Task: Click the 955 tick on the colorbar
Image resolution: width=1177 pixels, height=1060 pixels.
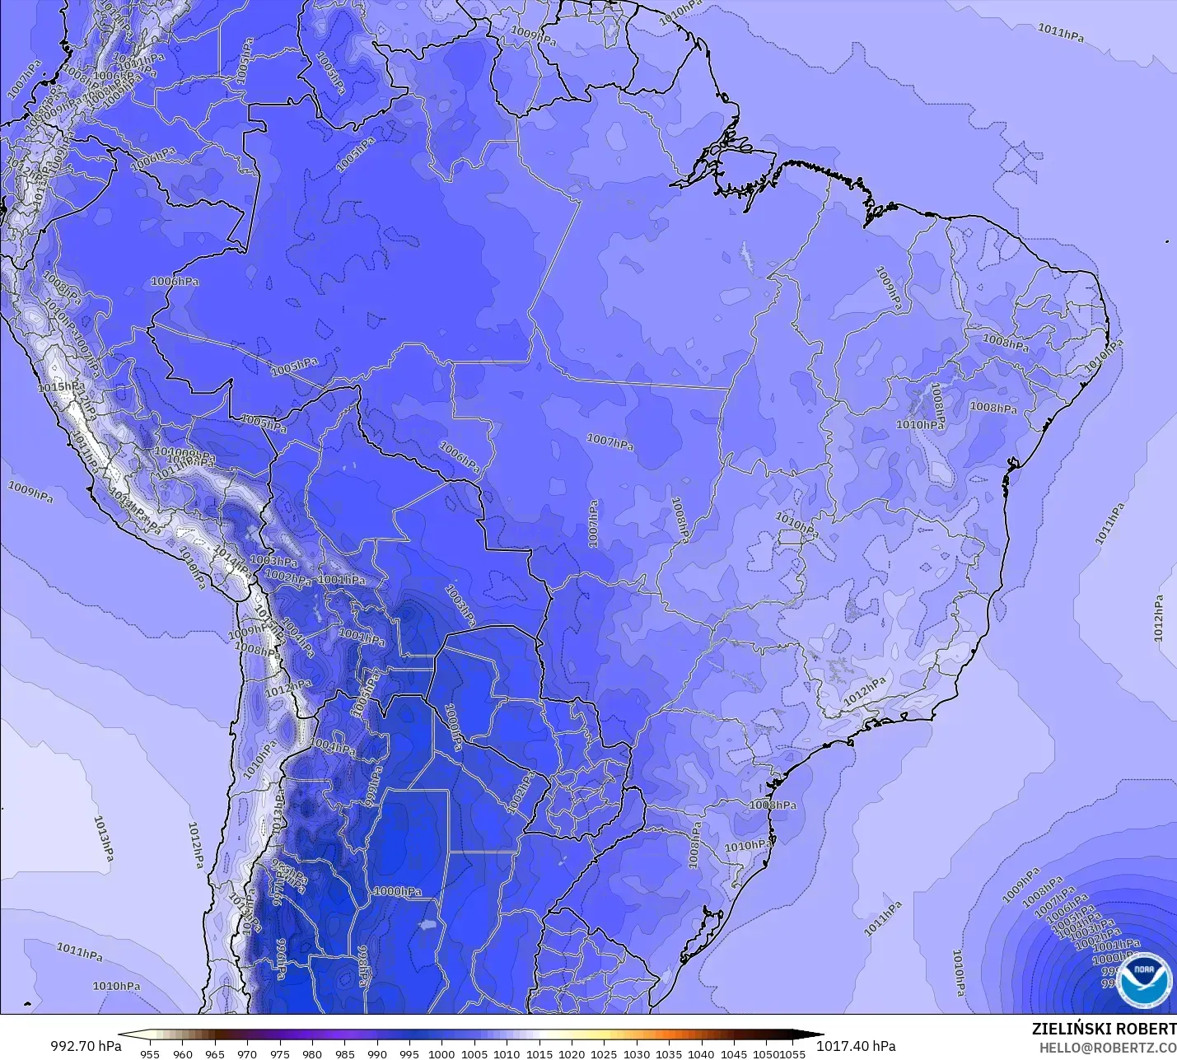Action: (150, 1053)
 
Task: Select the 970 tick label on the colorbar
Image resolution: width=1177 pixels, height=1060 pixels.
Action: (247, 1053)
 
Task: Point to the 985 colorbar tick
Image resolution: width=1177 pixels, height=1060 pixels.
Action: (344, 1053)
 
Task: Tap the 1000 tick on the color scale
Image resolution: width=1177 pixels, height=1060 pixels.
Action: (441, 1053)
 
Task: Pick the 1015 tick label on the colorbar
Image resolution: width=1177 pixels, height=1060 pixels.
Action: (539, 1053)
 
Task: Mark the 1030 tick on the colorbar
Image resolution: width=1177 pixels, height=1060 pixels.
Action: (636, 1053)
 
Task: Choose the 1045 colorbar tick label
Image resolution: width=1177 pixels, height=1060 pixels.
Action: (733, 1053)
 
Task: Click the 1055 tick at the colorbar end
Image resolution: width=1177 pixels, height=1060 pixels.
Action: (793, 1053)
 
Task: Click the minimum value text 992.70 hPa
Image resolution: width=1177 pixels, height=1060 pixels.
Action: (86, 1046)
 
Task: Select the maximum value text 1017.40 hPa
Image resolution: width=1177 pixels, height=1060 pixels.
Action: (856, 1046)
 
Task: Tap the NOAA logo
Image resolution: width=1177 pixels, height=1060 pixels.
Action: (1144, 979)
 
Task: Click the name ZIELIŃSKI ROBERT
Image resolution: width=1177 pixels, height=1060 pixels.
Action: (1104, 1029)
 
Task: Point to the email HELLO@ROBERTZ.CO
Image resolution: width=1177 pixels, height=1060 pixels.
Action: (1107, 1048)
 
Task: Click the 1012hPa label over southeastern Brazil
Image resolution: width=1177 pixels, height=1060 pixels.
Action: (864, 690)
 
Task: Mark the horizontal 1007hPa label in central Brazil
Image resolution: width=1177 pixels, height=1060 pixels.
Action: (610, 442)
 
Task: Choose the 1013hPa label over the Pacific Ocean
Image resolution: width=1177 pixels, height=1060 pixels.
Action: (103, 838)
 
